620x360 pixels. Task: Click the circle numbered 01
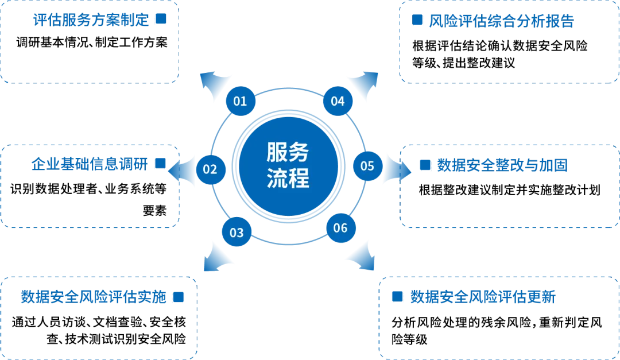click(240, 101)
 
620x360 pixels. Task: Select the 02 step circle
click(210, 170)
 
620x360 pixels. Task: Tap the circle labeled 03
click(237, 233)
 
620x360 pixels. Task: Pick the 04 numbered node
click(338, 101)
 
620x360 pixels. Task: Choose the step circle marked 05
click(367, 166)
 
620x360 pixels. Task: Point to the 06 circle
click(340, 228)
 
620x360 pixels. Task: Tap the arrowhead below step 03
click(217, 257)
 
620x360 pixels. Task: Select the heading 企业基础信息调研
click(89, 165)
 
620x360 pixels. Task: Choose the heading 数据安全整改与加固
click(502, 167)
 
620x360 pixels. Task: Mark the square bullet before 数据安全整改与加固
click(425, 167)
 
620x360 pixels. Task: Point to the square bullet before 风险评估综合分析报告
click(418, 21)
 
